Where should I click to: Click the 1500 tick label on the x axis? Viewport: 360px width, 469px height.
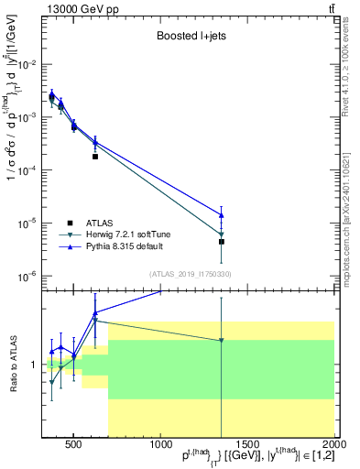(x=247, y=446)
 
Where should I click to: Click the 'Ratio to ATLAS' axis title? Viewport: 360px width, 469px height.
(x=12, y=364)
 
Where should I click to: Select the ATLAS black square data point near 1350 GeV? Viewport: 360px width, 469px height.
(x=222, y=242)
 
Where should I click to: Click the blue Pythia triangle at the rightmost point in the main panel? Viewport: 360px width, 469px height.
(x=222, y=215)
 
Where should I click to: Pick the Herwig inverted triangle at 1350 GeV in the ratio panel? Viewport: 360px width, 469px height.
(x=222, y=341)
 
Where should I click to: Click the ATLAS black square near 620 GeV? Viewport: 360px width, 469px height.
(x=95, y=157)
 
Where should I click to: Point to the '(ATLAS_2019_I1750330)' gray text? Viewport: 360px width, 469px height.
(x=190, y=274)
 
